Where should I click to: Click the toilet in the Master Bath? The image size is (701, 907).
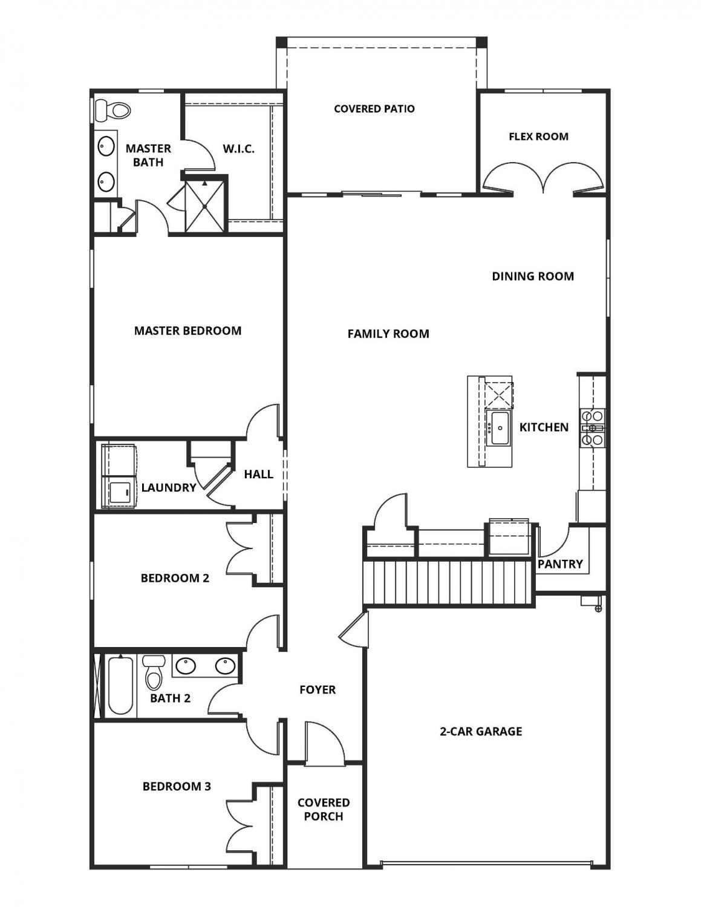114,110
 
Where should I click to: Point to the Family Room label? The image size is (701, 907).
388,334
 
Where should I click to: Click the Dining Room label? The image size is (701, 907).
532,276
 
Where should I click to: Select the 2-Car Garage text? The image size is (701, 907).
480,732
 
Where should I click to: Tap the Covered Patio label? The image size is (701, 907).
374,109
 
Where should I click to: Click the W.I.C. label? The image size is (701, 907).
238,149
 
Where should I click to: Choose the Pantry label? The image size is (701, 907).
559,564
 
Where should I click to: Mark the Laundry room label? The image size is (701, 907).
168,487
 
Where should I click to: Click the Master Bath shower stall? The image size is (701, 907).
206,206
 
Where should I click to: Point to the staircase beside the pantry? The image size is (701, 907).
448,582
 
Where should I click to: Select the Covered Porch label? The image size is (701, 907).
324,809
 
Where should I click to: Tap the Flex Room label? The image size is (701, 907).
538,137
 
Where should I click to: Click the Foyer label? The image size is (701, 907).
318,690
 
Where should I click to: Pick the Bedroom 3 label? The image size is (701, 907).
177,787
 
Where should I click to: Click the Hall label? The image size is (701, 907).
258,475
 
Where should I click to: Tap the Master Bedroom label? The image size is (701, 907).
187,331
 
